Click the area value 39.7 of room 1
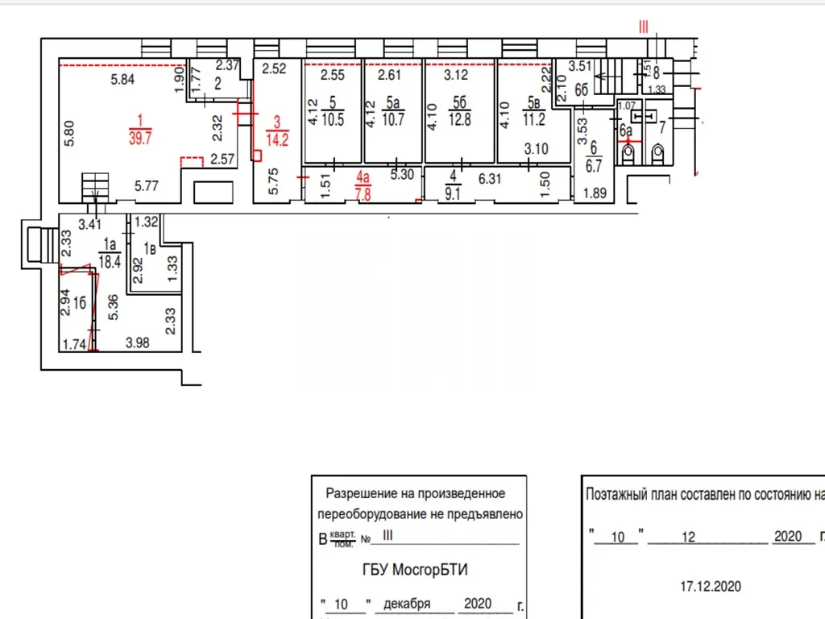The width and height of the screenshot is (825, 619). [140, 139]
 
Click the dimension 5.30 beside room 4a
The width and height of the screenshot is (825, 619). [404, 173]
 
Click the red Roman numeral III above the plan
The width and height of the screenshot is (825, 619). [643, 27]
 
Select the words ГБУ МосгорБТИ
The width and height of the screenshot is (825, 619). [414, 570]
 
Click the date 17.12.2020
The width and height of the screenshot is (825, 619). [709, 586]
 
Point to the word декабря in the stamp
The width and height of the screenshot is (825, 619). [408, 604]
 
